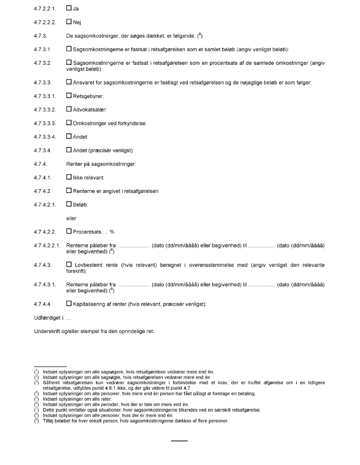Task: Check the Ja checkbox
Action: tap(69, 9)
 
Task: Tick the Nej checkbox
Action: tap(69, 22)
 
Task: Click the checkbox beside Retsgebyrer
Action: tap(69, 96)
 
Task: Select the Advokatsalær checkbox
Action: tap(69, 109)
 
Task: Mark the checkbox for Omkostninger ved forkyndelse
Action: tap(69, 122)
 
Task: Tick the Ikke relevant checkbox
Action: tap(69, 178)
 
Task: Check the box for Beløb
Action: tap(69, 204)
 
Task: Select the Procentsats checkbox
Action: tap(69, 231)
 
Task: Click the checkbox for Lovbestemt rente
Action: tap(69, 264)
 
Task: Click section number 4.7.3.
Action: tap(41, 35)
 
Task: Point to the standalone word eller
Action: tap(71, 218)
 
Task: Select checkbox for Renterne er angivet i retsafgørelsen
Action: tap(69, 191)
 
